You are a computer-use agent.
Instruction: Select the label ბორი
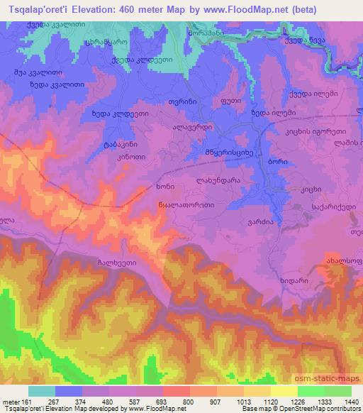(x=277, y=162)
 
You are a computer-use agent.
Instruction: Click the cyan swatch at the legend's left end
(x=40, y=391)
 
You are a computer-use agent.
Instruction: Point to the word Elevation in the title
(x=100, y=8)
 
